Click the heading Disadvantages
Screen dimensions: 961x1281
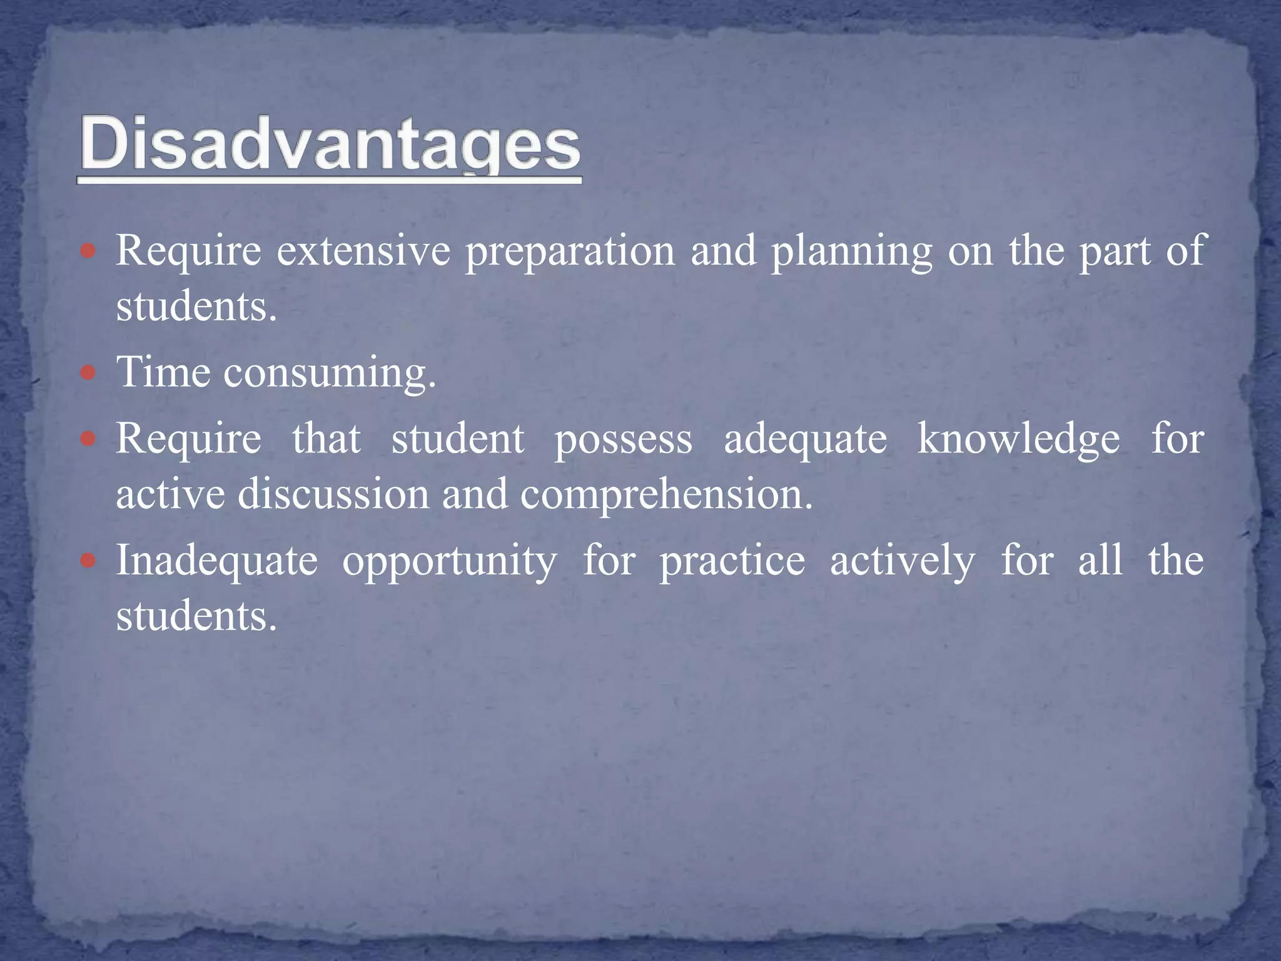330,145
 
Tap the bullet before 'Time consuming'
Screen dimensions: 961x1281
88,374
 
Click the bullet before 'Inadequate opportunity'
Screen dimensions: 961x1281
88,561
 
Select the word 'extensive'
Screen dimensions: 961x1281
363,251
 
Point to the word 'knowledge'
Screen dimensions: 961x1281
1018,439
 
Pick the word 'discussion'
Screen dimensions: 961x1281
333,494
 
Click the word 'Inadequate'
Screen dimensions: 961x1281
217,561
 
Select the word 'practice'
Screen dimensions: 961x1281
732,561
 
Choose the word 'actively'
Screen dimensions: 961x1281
902,561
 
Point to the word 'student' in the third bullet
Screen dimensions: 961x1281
457,439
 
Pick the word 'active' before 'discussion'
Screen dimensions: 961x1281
170,494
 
